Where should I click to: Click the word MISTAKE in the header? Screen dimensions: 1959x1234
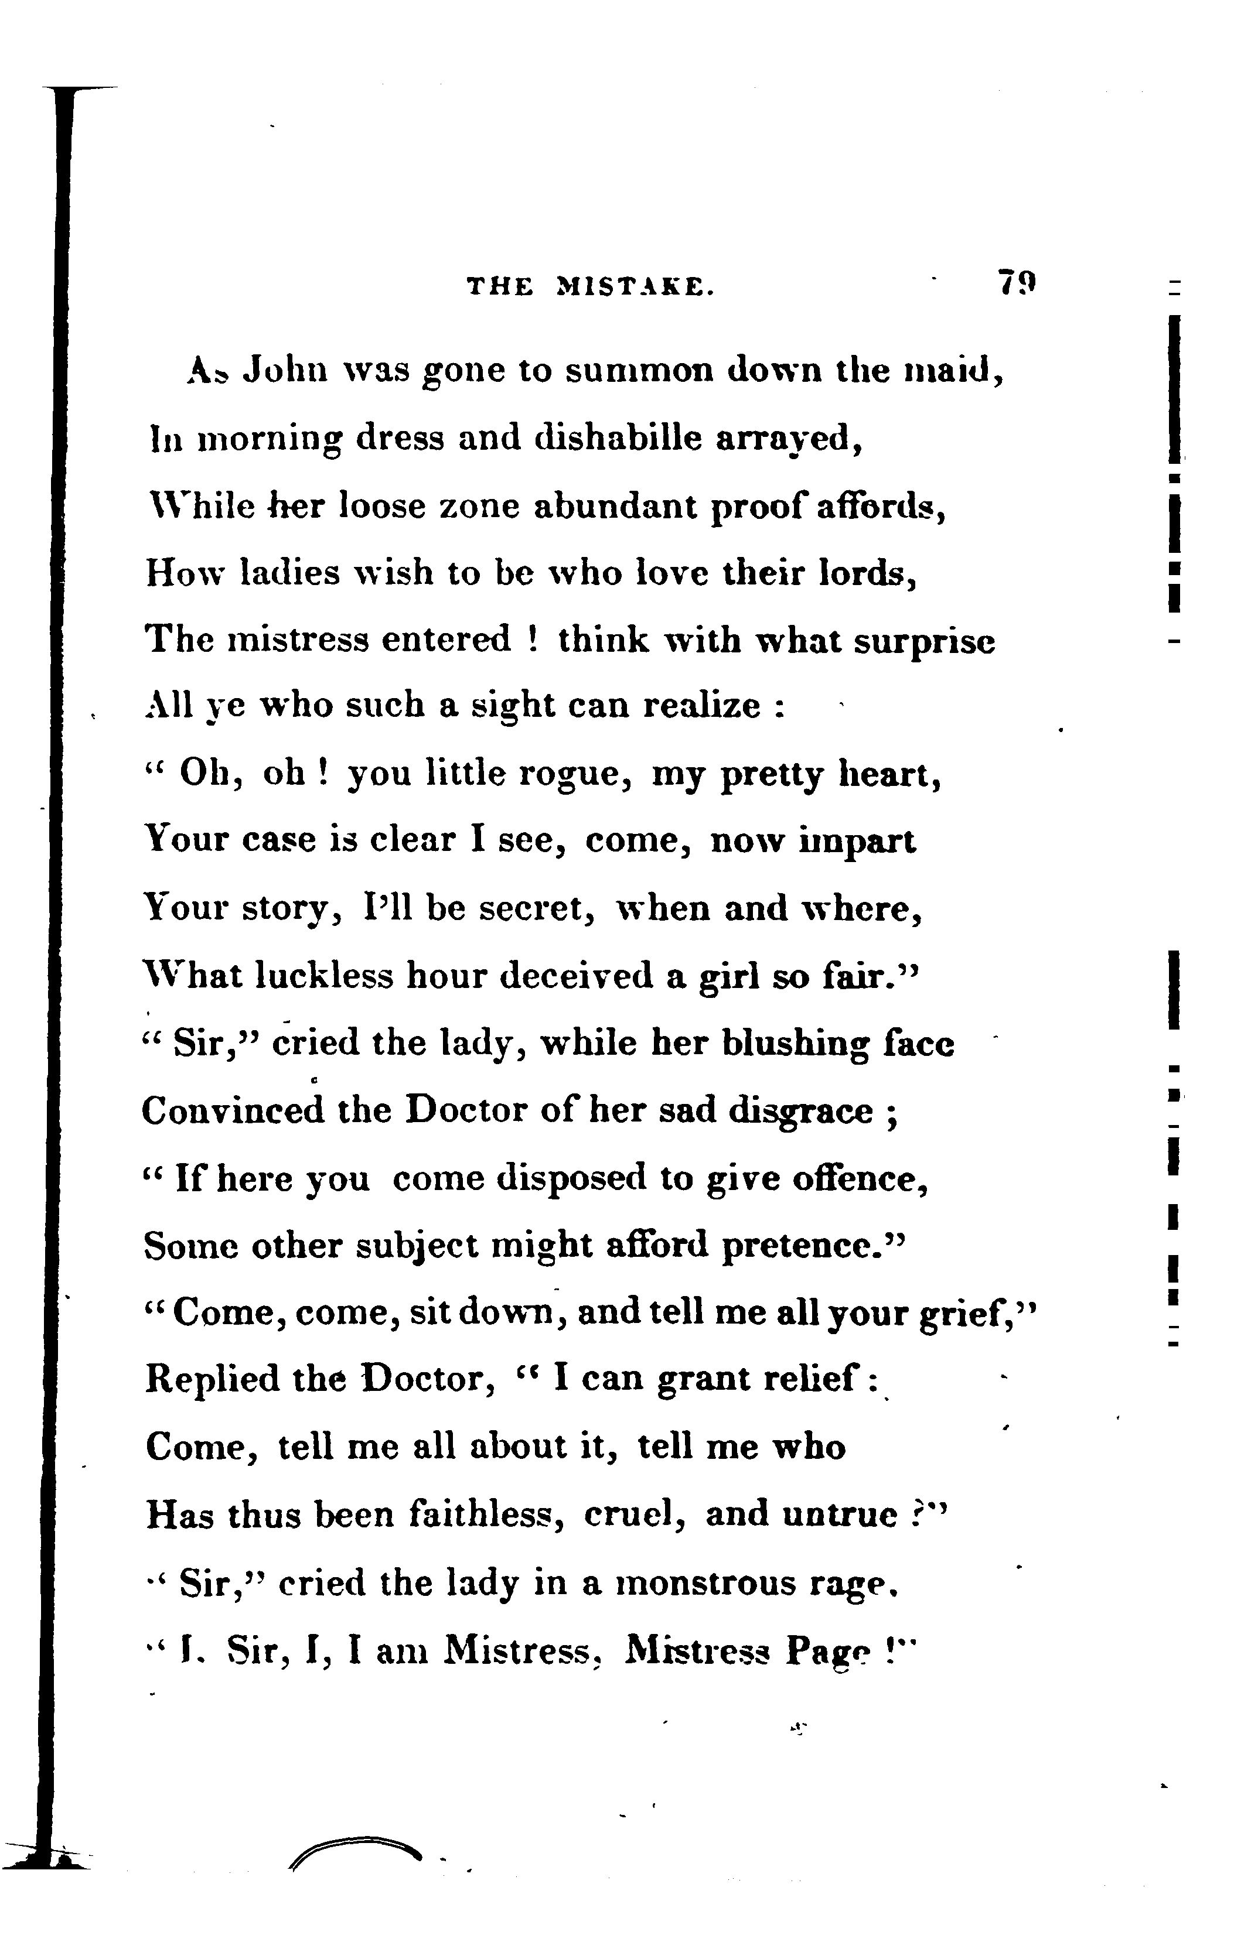635,286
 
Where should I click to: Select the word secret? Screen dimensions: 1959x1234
536,908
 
